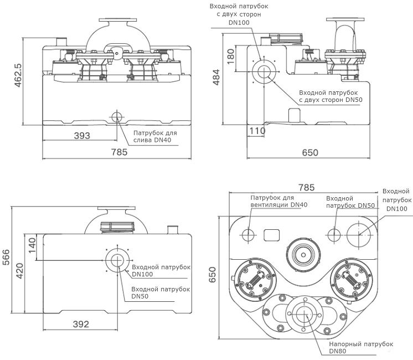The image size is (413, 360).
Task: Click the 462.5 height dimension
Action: [18, 75]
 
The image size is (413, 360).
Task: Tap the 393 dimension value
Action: [82, 136]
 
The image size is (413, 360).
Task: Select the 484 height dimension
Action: [216, 77]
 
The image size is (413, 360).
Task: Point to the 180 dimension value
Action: [230, 56]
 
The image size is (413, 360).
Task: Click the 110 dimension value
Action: [257, 131]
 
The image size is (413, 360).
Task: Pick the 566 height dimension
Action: [6, 257]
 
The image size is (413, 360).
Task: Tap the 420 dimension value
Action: [19, 271]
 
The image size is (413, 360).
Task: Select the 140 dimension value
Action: [32, 245]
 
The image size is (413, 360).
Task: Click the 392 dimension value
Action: [81, 324]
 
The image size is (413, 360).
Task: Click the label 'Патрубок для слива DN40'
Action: [155, 136]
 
